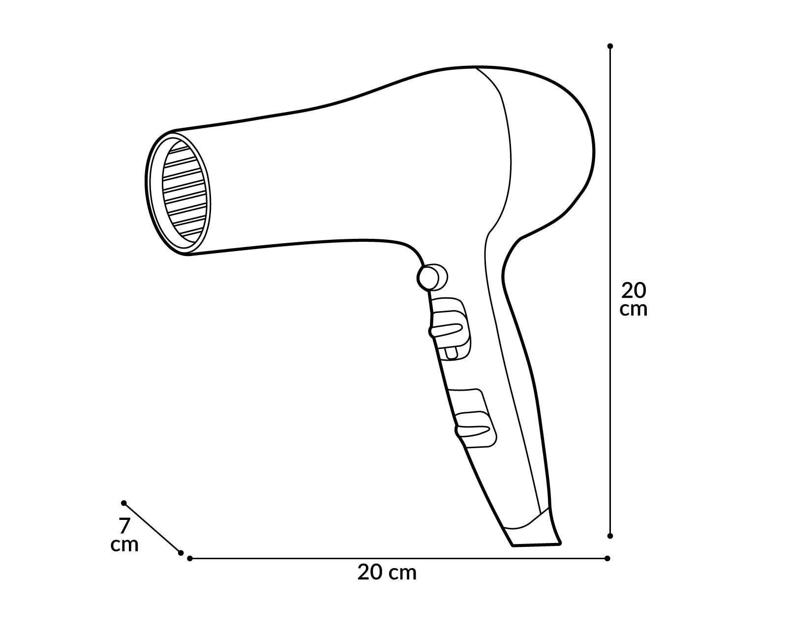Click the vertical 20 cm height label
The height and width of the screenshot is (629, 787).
click(x=634, y=299)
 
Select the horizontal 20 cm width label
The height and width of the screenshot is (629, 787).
click(x=387, y=572)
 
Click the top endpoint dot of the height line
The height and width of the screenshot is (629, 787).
click(x=610, y=46)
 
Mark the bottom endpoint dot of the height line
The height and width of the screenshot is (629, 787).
click(x=610, y=536)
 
